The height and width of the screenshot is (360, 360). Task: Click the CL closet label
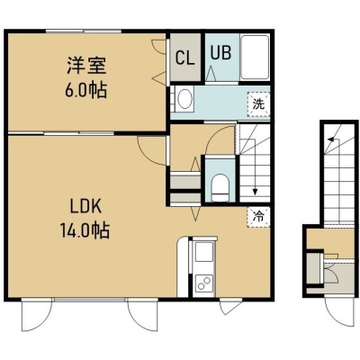pyautogui.click(x=185, y=58)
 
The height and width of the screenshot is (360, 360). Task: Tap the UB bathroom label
pyautogui.click(x=220, y=52)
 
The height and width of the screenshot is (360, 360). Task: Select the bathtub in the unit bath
pyautogui.click(x=255, y=58)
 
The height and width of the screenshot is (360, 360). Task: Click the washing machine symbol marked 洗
pyautogui.click(x=258, y=104)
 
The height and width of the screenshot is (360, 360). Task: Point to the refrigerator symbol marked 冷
pyautogui.click(x=258, y=217)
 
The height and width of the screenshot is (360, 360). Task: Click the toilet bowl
pyautogui.click(x=220, y=187)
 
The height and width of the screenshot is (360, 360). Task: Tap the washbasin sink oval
pyautogui.click(x=185, y=99)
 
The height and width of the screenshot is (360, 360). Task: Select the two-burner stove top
pyautogui.click(x=204, y=283)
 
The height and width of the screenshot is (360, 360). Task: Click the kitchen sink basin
pyautogui.click(x=204, y=252)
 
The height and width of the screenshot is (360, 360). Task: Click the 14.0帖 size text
pyautogui.click(x=85, y=230)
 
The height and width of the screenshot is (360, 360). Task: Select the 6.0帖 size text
pyautogui.click(x=86, y=89)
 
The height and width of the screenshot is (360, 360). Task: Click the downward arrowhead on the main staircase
pyautogui.click(x=255, y=192)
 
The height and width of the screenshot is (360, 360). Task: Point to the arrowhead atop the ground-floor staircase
pyautogui.click(x=330, y=139)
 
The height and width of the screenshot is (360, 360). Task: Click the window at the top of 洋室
pyautogui.click(x=84, y=31)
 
